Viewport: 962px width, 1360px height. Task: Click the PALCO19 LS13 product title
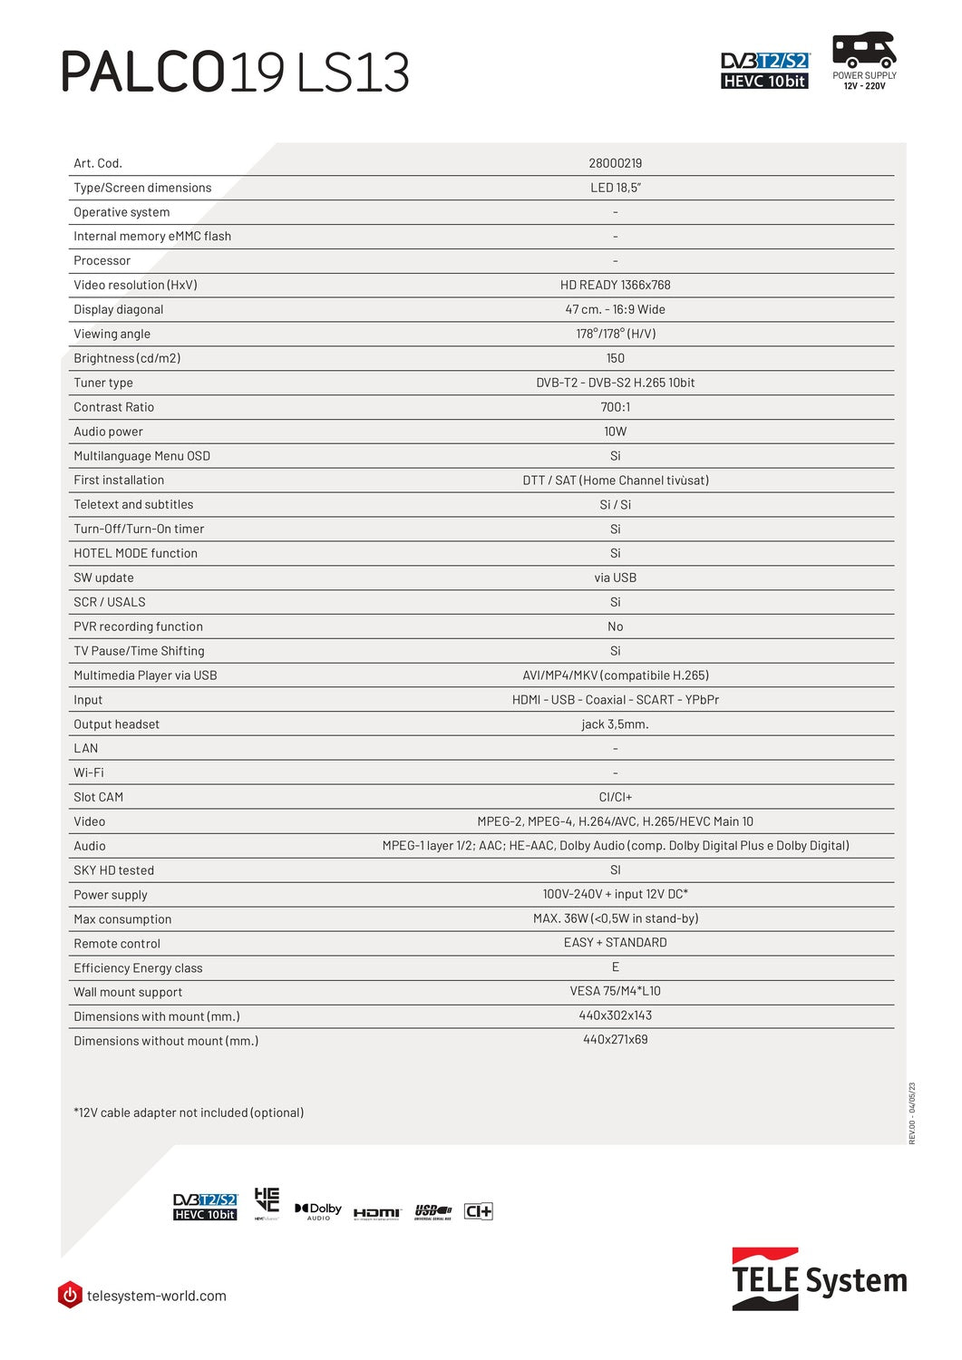235,73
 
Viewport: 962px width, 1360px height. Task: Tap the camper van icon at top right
864,49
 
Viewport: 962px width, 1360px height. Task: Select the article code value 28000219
615,163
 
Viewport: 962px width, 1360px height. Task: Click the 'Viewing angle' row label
112,334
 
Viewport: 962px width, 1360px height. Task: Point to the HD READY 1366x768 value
615,285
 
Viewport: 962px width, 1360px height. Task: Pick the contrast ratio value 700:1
615,407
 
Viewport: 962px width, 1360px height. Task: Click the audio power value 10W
615,432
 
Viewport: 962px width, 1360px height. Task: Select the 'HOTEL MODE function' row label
135,553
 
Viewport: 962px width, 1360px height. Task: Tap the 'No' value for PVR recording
615,627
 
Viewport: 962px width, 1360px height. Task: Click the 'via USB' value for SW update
615,578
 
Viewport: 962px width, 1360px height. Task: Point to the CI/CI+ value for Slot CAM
615,797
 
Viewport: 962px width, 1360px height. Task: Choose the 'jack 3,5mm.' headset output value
615,724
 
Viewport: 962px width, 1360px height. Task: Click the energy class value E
615,967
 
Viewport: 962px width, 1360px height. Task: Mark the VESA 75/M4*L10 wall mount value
615,991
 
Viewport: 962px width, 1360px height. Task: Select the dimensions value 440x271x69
615,1040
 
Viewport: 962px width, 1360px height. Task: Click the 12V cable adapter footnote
189,1112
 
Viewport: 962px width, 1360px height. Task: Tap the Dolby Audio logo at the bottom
318,1211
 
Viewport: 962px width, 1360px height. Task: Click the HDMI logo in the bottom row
376,1213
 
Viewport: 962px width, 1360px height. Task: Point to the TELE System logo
819,1279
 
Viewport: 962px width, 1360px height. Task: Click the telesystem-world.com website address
156,1296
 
